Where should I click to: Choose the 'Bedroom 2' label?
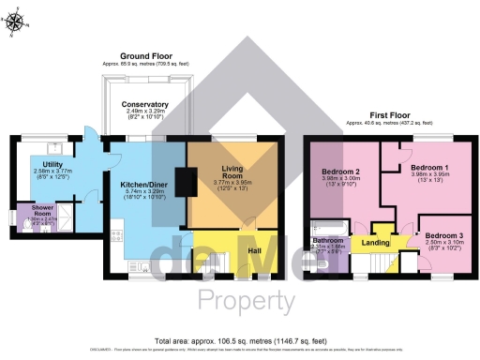tap(341, 172)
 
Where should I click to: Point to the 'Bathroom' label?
tap(327, 240)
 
